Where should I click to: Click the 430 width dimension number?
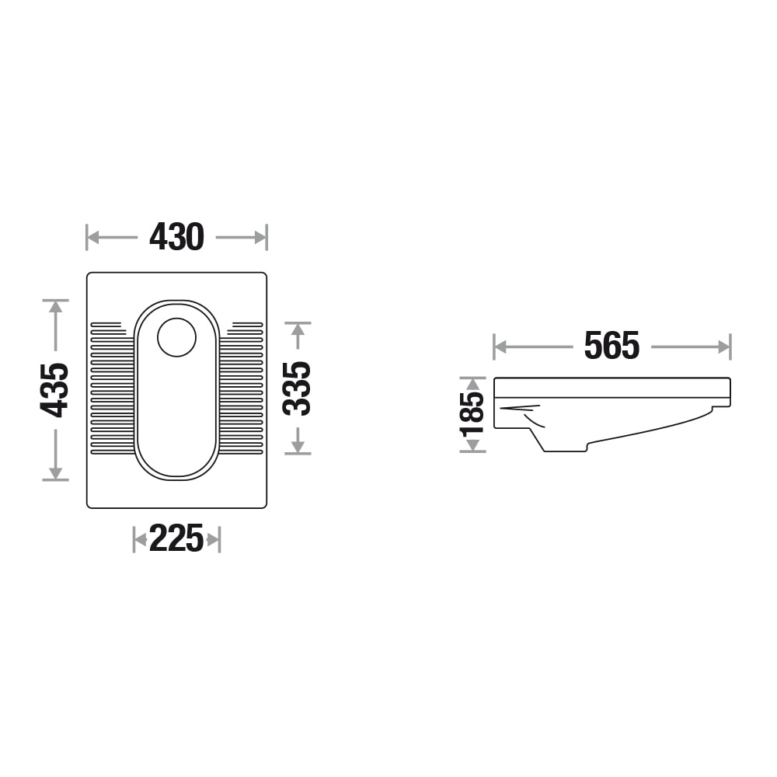click(177, 237)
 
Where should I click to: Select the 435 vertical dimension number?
click(54, 390)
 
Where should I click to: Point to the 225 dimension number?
click(176, 538)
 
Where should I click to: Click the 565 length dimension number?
click(611, 346)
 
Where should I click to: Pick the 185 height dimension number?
click(472, 414)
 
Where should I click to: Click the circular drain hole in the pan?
click(177, 337)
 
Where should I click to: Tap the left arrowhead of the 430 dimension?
click(93, 237)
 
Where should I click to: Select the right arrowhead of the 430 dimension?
click(260, 237)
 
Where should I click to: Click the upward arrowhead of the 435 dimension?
click(55, 306)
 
